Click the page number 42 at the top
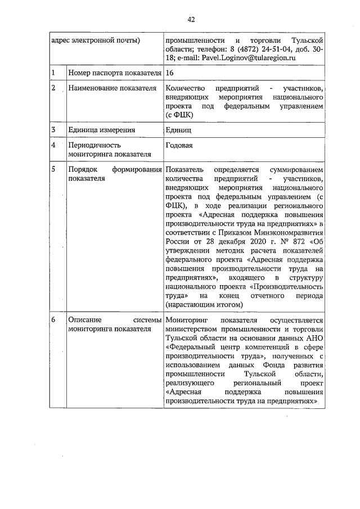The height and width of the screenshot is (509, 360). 191,19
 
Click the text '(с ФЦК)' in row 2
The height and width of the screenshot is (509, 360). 180,115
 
